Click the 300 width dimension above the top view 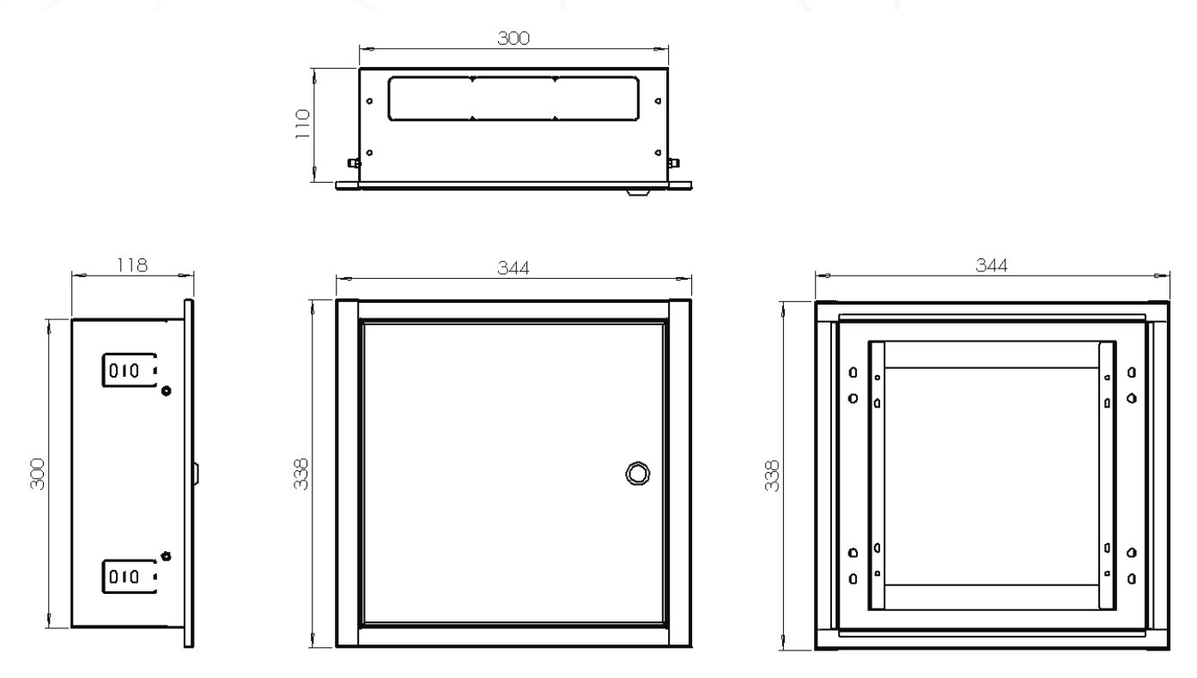(513, 38)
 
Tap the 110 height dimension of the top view (302, 124)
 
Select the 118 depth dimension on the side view (132, 265)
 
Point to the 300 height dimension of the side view (38, 474)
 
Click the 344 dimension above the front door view (513, 268)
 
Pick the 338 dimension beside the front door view (301, 474)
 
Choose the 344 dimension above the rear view (991, 265)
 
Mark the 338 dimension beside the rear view (772, 476)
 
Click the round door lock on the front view (637, 474)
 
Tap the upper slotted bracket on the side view (130, 370)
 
